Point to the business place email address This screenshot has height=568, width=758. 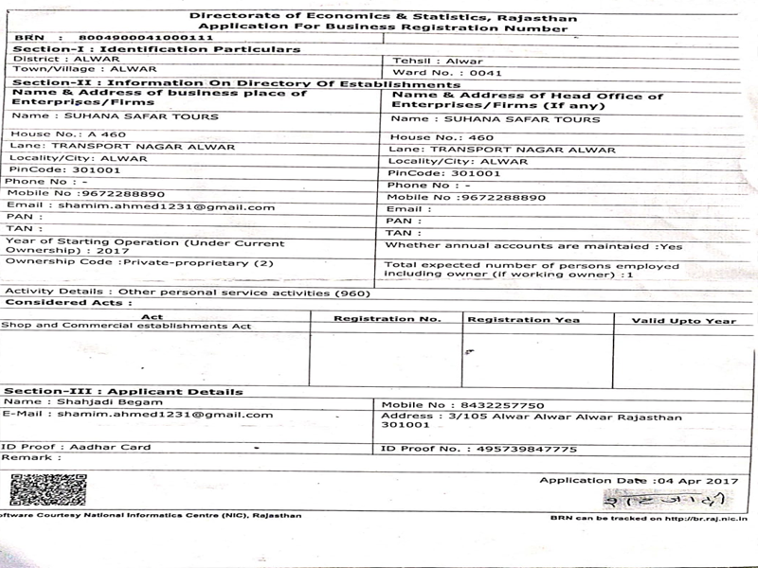coord(167,206)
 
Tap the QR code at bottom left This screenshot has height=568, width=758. coord(47,489)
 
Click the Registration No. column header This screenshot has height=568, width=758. coord(387,319)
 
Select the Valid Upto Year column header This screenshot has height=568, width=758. coord(683,320)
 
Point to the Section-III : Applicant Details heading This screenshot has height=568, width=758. coord(123,391)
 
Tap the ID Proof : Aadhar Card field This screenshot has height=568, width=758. coord(76,447)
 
